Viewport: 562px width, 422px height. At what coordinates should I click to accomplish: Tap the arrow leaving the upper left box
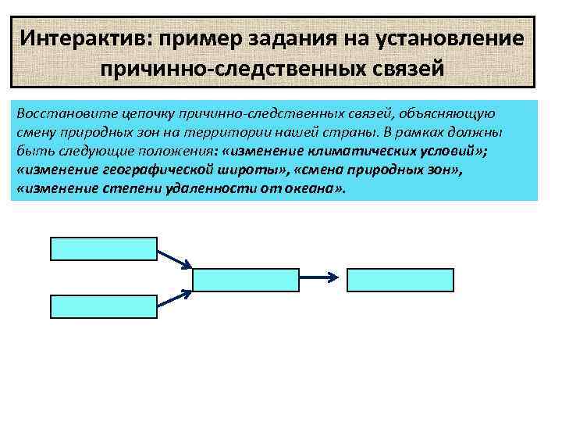click(160, 257)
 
